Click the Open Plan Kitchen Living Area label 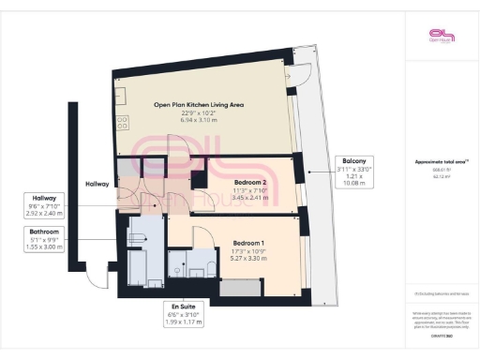point(199,106)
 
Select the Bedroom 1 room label point(249,243)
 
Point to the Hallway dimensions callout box point(45,205)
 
